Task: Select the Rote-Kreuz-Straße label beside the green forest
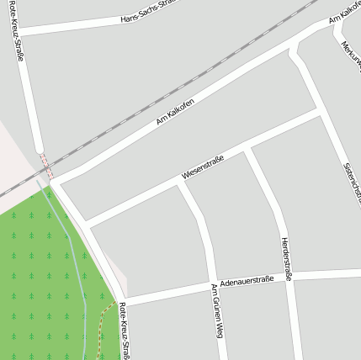point(125,330)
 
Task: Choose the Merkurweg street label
point(350,50)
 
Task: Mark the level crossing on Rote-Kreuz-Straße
point(45,167)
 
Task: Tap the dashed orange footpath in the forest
point(102,324)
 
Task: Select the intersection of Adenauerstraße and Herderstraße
point(289,277)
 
